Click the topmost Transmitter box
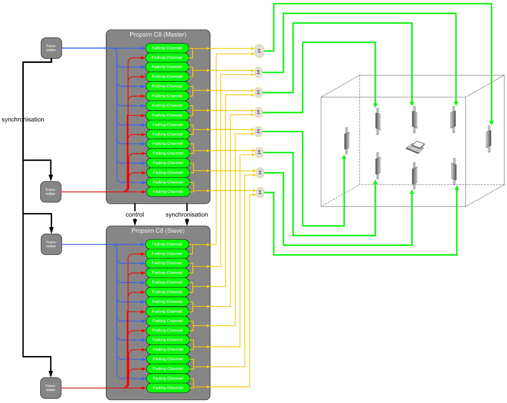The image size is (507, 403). pos(51,48)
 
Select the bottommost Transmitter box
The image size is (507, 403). pos(51,388)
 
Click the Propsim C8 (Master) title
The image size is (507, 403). pos(158,35)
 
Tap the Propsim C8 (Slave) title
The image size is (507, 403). pos(158,231)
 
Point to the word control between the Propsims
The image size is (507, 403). pos(135,215)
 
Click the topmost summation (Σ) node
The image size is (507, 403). pos(259,51)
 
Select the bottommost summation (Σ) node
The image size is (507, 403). pos(260,192)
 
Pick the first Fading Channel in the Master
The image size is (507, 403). pos(167,48)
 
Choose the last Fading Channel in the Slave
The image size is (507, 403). pos(168,388)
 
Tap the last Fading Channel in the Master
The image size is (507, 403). pos(168,192)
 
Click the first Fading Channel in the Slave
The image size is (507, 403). pos(167,244)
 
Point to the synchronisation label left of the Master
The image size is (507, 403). pos(23,119)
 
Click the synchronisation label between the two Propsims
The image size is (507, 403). pos(187,215)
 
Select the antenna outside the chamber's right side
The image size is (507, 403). pos(489,139)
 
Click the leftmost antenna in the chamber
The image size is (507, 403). pos(347,141)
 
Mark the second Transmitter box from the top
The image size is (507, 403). pos(51,192)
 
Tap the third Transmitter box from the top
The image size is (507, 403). pos(51,244)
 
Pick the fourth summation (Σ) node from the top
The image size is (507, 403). pos(258,112)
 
